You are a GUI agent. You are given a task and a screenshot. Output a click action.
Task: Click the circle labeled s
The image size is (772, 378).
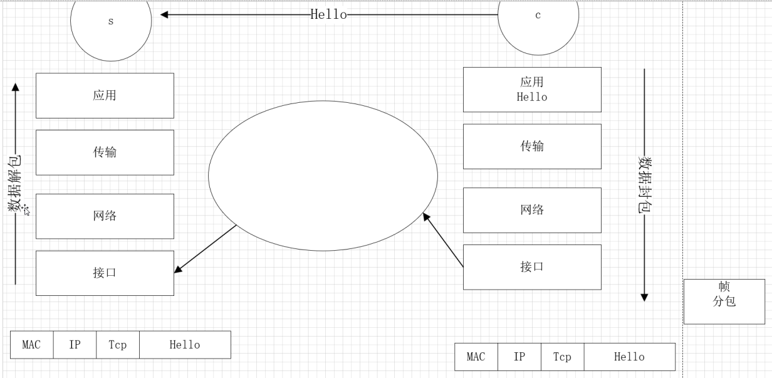click(x=111, y=25)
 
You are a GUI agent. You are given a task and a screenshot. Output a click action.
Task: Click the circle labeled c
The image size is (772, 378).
click(x=538, y=22)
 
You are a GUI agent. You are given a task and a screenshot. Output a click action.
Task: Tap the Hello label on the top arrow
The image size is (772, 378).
click(x=328, y=14)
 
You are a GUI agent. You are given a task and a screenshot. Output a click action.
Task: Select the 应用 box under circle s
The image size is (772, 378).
click(x=105, y=95)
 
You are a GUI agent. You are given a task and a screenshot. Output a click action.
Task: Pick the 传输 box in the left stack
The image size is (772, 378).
click(x=105, y=152)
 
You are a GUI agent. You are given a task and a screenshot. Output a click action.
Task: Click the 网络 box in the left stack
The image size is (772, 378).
click(x=105, y=216)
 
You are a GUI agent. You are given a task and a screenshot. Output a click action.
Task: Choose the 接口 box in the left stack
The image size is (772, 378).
click(x=105, y=273)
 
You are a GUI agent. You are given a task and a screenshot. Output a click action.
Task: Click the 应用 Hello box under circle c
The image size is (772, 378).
click(x=532, y=90)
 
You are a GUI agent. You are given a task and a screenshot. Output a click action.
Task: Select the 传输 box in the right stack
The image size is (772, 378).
click(x=532, y=147)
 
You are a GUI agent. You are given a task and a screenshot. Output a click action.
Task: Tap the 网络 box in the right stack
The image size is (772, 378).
click(x=532, y=210)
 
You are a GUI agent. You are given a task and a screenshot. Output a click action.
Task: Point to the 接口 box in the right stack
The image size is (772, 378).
click(x=532, y=267)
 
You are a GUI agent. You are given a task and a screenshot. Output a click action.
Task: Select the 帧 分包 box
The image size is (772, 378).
click(x=724, y=302)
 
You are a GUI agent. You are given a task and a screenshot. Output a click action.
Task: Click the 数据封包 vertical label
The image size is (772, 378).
click(x=644, y=185)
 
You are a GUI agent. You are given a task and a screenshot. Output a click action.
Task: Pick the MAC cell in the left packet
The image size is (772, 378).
click(x=32, y=345)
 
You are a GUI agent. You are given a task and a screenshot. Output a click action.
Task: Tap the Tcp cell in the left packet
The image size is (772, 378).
click(x=117, y=345)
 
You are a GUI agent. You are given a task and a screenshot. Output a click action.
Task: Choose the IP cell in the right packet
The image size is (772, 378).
click(x=519, y=357)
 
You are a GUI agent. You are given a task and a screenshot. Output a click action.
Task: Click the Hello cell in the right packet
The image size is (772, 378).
click(x=629, y=357)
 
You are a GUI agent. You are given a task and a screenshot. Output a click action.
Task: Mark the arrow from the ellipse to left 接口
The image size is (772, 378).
click(x=206, y=249)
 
